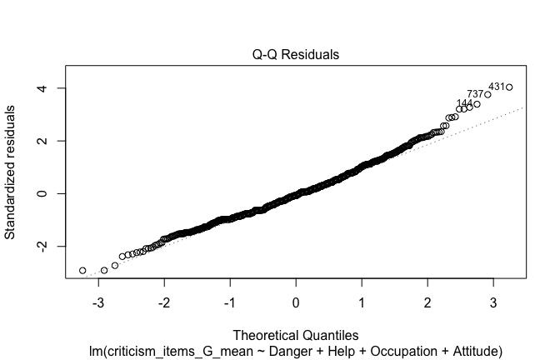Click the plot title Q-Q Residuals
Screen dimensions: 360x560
[296, 55]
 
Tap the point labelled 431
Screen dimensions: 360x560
[509, 87]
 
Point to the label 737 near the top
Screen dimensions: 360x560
[475, 94]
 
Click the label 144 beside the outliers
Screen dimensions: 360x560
[464, 103]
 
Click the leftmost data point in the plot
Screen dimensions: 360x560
[82, 271]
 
